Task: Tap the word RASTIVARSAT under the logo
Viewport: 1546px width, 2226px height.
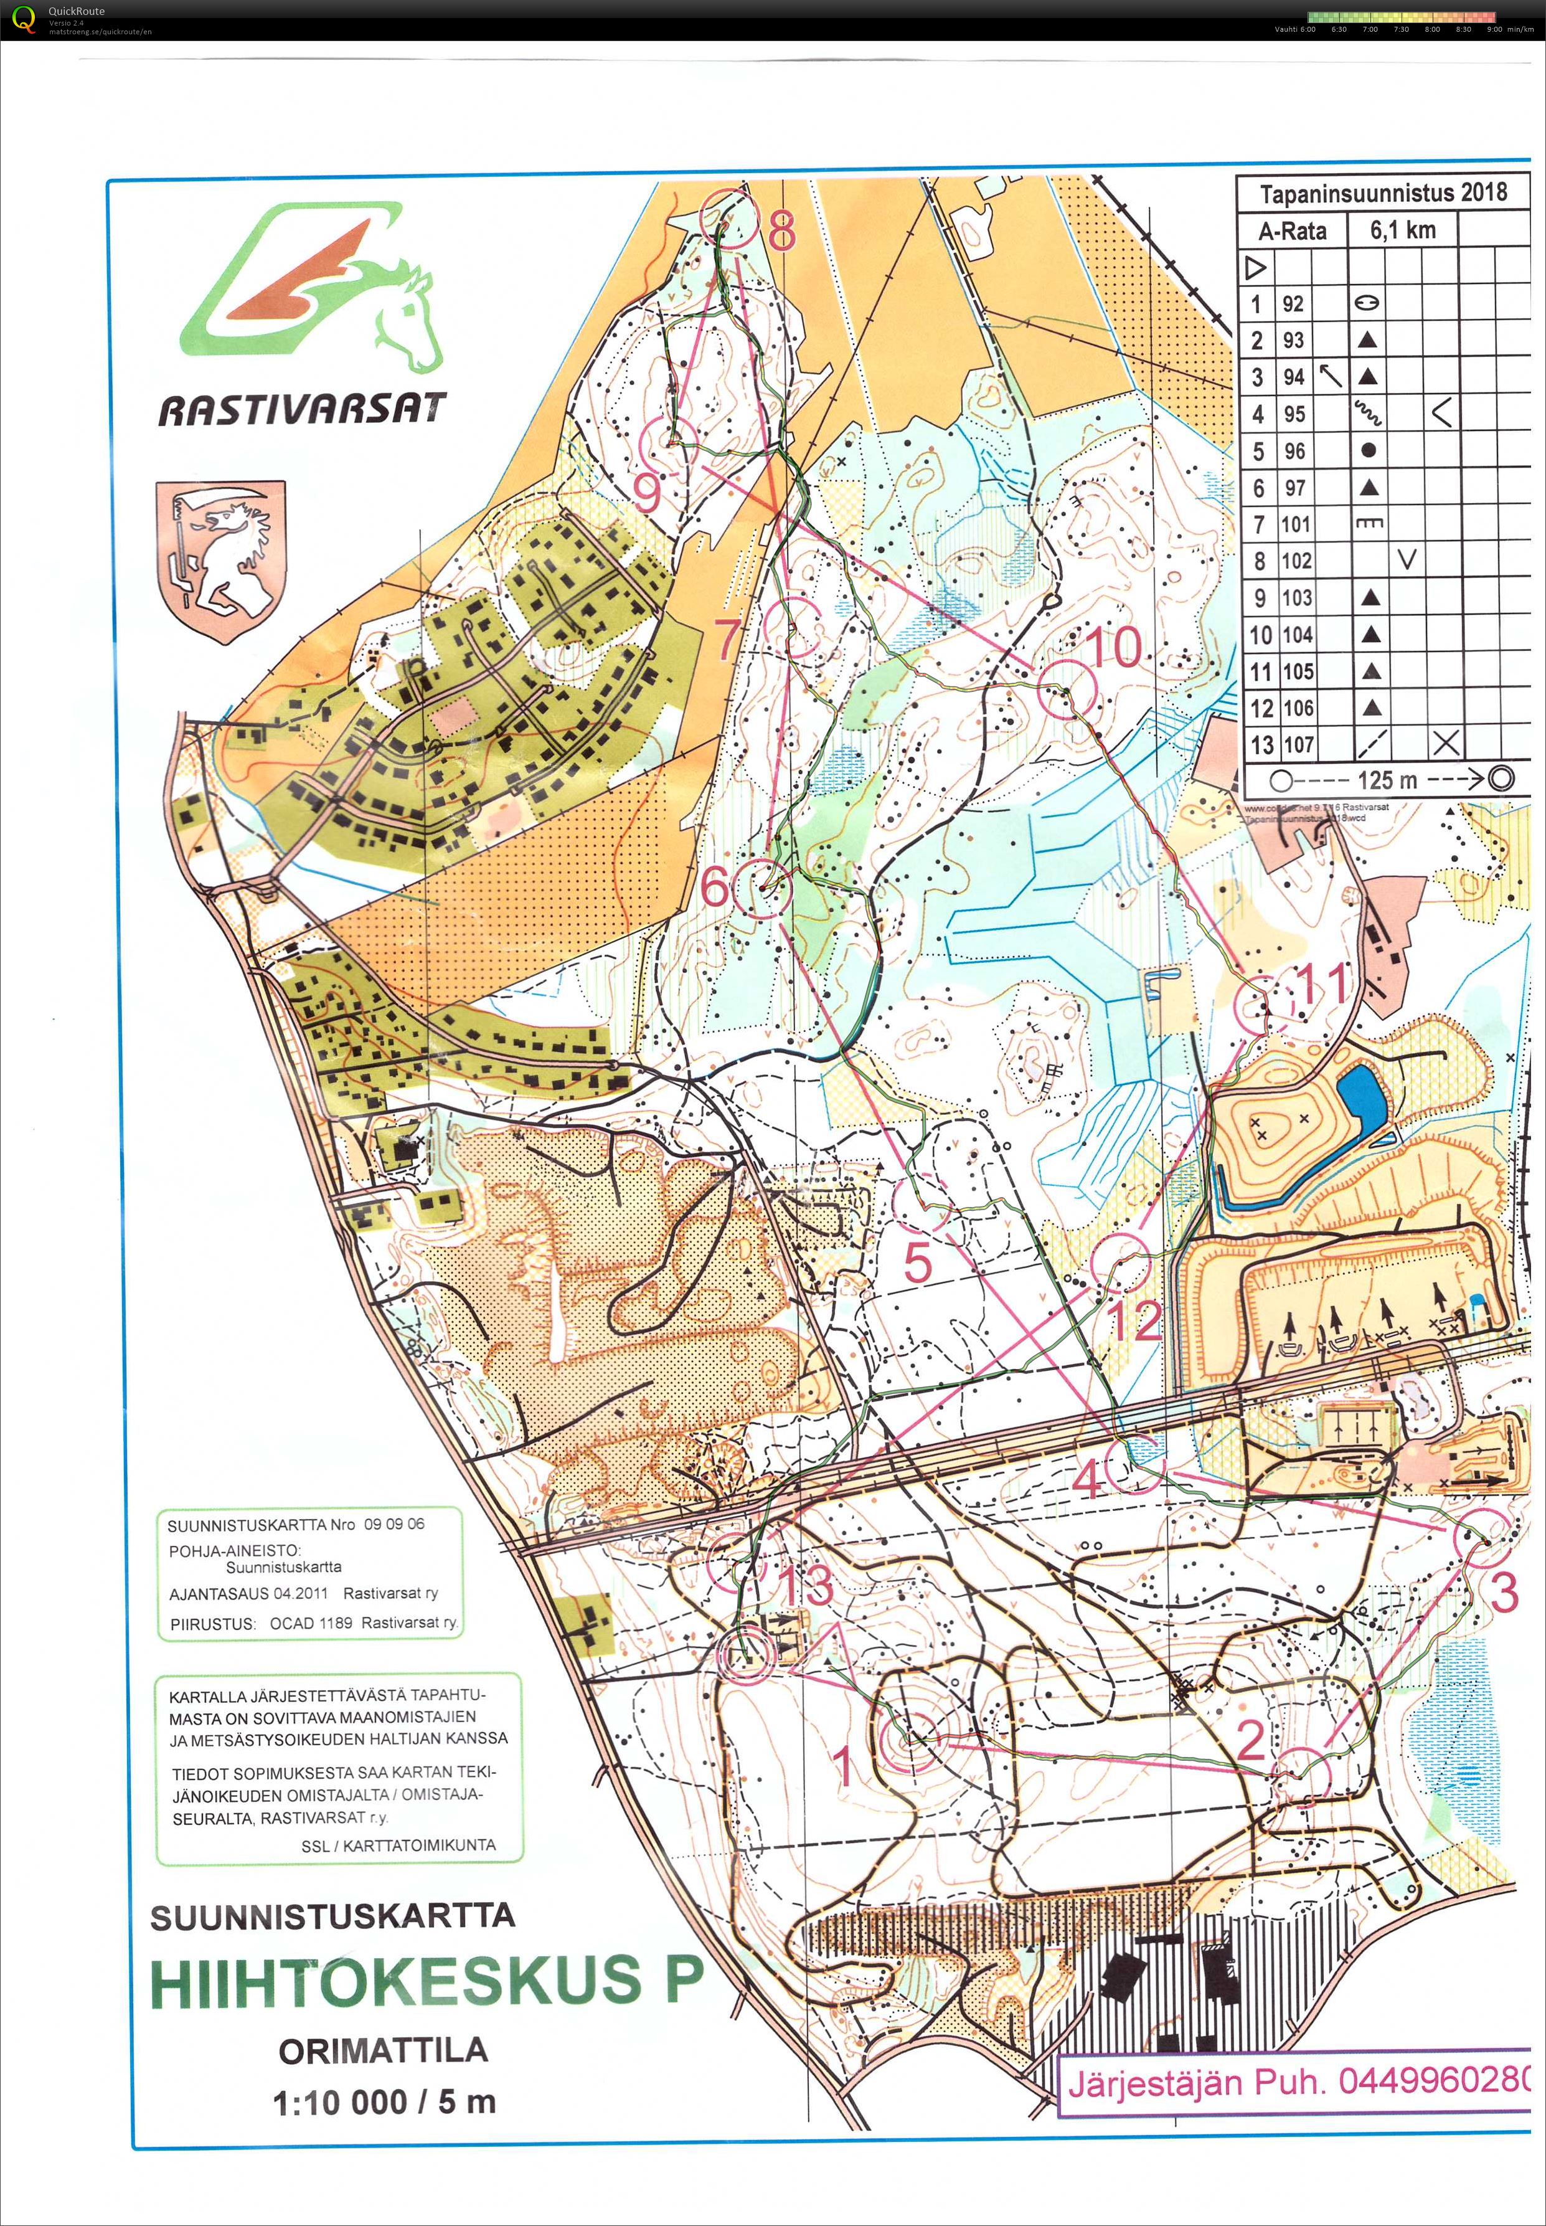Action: click(x=302, y=410)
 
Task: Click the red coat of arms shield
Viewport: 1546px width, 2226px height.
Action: click(x=222, y=560)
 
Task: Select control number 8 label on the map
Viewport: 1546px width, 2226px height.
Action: click(x=782, y=230)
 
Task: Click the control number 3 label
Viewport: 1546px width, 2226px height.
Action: click(x=1504, y=1593)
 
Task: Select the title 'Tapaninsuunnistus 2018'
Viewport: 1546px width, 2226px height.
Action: click(x=1382, y=193)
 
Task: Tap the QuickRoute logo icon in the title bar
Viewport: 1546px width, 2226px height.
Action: click(x=23, y=19)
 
